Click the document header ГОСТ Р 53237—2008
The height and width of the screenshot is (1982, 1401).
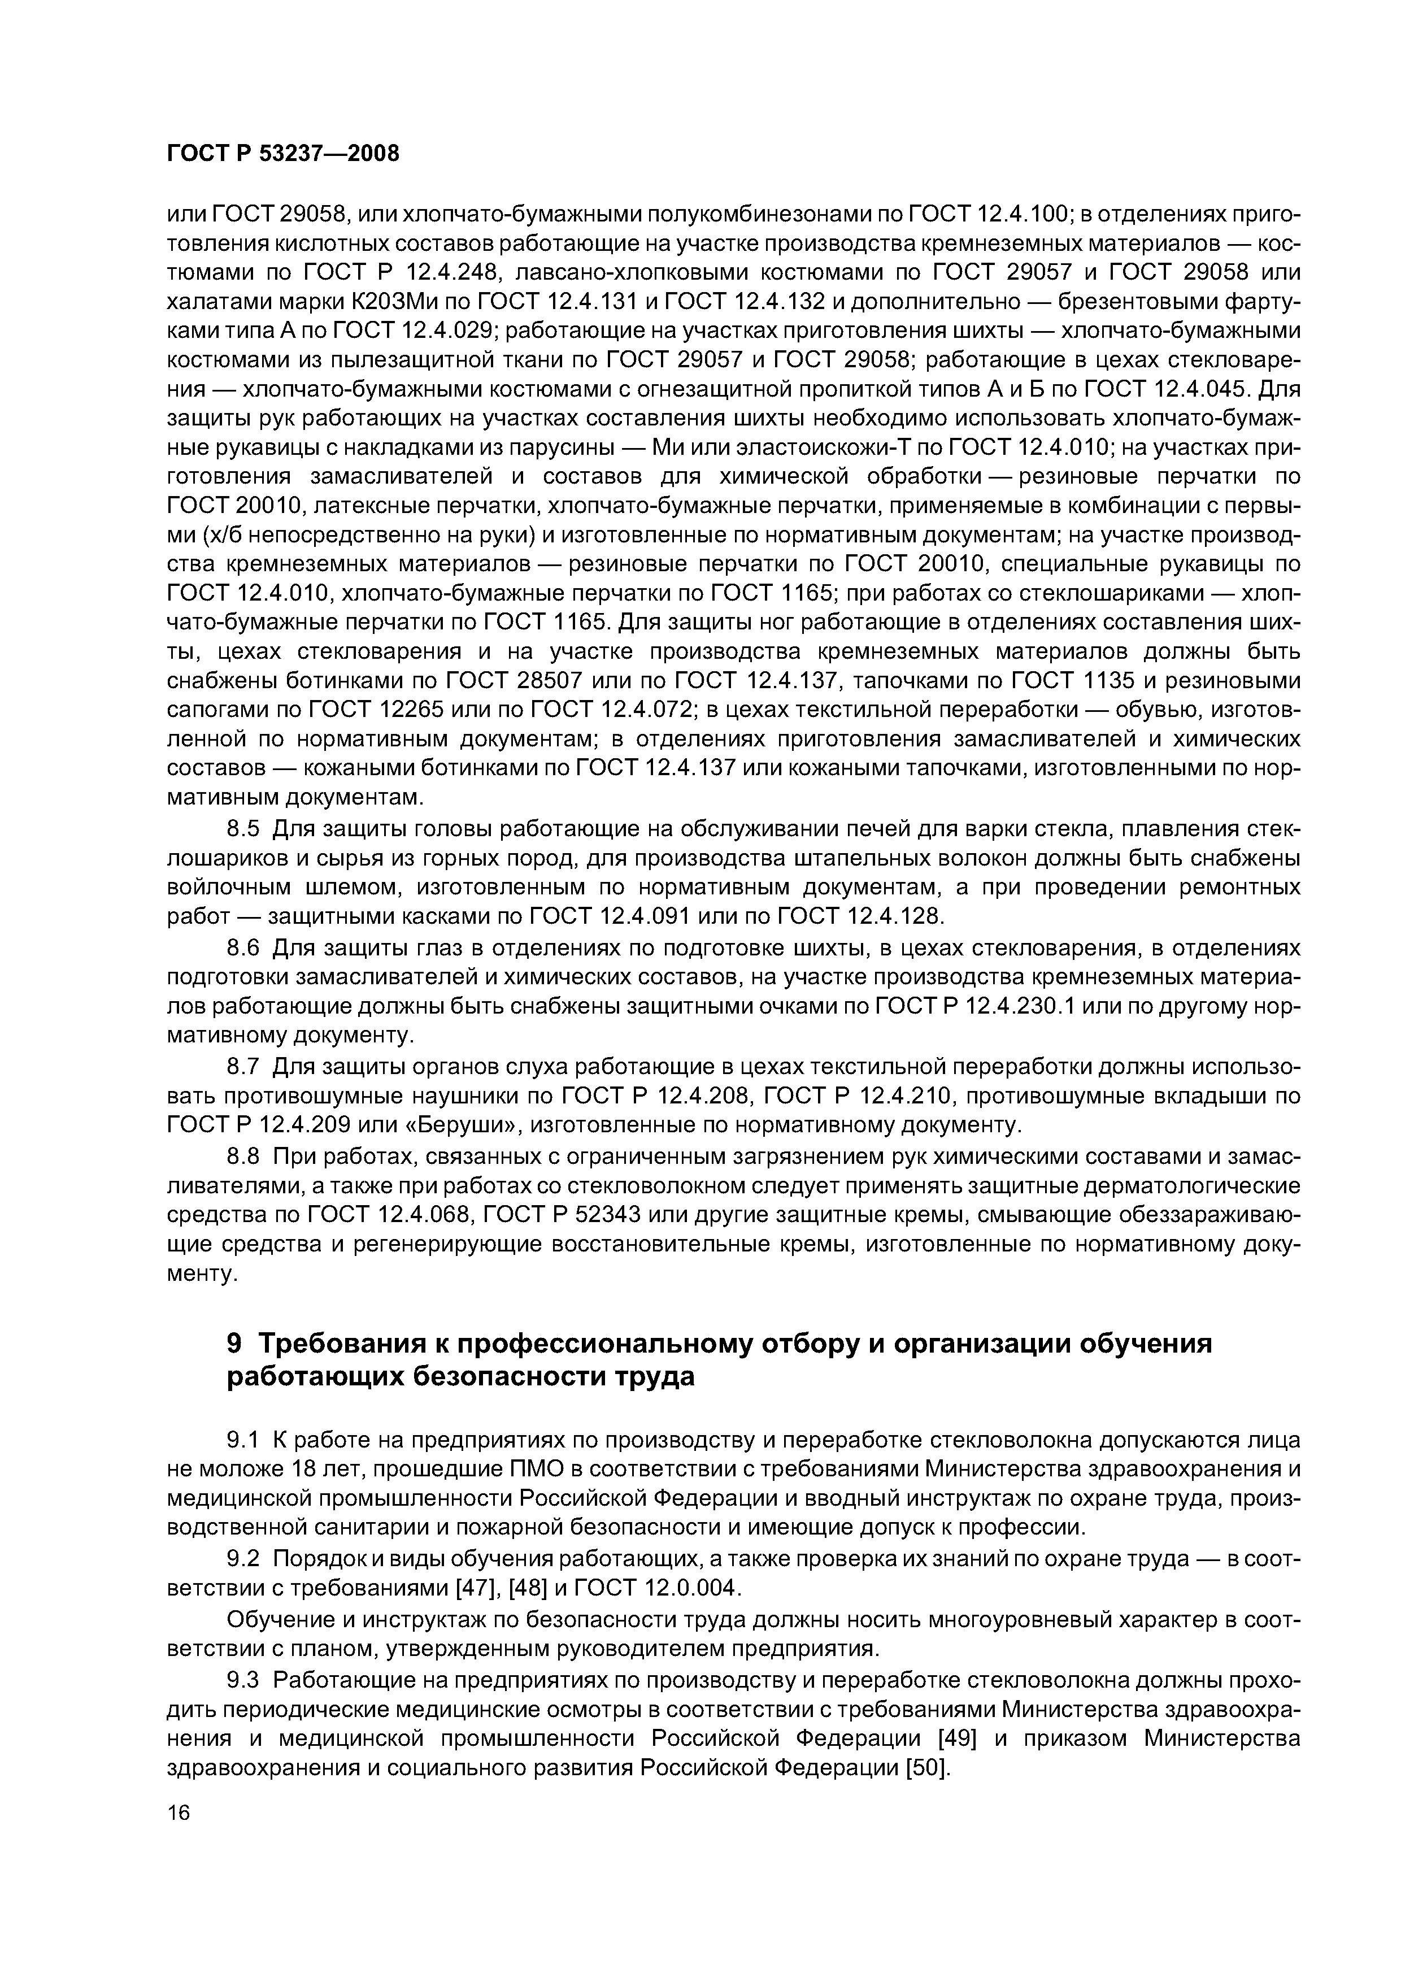point(283,154)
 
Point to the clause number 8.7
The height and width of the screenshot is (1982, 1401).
point(242,1067)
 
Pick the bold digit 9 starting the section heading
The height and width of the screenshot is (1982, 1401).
point(234,1343)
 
